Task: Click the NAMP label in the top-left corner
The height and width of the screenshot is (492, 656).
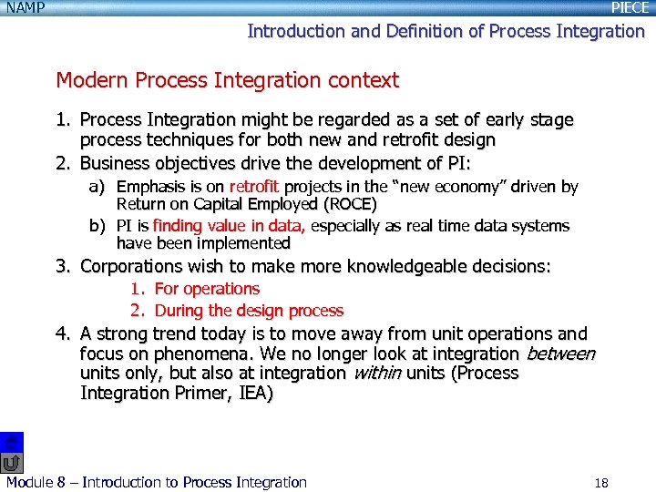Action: click(x=26, y=8)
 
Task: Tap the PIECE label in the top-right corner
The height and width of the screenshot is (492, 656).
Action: click(x=630, y=8)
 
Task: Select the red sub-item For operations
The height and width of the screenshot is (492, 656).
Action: click(x=207, y=289)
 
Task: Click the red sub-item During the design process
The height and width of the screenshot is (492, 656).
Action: click(x=249, y=311)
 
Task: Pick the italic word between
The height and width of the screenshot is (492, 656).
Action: click(x=559, y=354)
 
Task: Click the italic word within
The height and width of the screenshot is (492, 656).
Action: click(x=376, y=374)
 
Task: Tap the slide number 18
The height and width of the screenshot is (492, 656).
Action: click(x=600, y=483)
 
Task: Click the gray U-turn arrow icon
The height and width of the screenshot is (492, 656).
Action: click(x=12, y=463)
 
